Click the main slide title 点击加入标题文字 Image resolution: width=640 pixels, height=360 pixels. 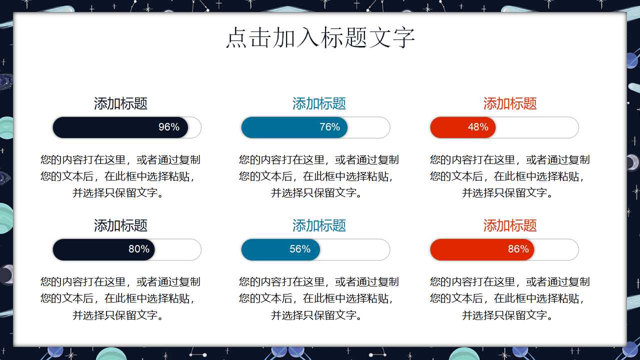coord(320,37)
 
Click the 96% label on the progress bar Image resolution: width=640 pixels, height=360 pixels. coord(169,127)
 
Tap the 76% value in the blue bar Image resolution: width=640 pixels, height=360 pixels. coord(329,127)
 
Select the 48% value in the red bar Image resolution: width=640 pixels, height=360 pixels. coord(478,127)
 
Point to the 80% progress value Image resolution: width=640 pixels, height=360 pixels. coord(139,249)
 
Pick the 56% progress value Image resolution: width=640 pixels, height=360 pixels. coord(300,249)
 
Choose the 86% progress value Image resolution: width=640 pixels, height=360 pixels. coord(518,249)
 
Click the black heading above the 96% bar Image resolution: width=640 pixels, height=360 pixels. coord(120,103)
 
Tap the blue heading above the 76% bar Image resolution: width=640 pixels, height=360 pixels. coord(319,103)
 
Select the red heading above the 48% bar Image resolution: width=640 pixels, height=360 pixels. coord(510,103)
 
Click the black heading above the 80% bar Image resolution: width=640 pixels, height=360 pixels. coord(120,225)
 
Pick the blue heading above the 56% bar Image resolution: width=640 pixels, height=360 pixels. coord(319,225)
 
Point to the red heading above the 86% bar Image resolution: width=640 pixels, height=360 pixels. coord(510,225)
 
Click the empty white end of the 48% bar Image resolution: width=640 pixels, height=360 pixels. coord(537,127)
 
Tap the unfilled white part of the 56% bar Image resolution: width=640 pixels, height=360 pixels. coord(355,249)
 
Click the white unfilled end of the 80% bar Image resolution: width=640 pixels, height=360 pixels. coord(177,249)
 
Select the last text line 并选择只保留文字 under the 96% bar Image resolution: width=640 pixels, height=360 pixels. coord(117,193)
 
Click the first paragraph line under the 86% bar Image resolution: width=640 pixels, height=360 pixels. coord(509,282)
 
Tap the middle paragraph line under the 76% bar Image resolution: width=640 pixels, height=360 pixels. coord(316,176)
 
